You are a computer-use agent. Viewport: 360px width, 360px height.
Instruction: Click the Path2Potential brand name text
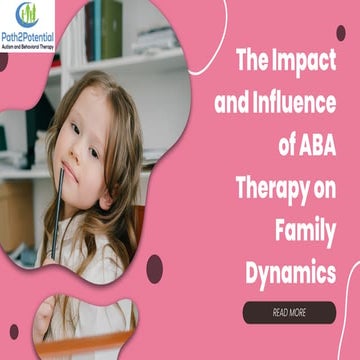pos(28,40)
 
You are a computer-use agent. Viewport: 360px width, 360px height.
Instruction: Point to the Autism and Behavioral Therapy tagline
pos(28,48)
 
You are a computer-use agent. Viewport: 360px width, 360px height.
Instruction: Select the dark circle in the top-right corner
pos(341,33)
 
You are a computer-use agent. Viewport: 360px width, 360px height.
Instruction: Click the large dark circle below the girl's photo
pos(154,267)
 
